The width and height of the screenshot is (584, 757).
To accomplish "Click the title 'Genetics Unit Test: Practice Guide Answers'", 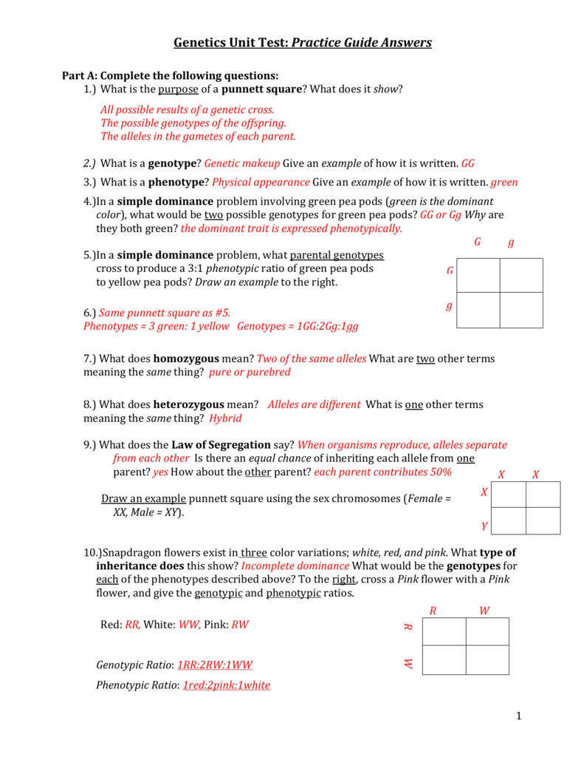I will point(302,42).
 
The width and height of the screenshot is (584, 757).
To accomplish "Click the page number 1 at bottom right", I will point(519,715).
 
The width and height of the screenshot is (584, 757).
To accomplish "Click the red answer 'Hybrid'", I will point(225,418).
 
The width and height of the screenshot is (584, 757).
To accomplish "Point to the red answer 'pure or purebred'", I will point(250,372).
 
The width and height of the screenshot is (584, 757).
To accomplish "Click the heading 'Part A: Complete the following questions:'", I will point(170,75).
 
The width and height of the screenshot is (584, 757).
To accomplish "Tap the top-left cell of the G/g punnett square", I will point(478,275).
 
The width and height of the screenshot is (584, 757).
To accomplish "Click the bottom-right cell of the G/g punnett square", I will point(521,310).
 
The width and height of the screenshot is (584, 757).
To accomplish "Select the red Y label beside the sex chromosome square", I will point(484,526).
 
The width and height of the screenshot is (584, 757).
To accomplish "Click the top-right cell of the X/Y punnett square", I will point(543,494).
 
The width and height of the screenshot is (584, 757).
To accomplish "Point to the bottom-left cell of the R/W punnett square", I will point(444,659).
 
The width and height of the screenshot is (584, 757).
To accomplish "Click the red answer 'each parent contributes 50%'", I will point(384,472).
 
